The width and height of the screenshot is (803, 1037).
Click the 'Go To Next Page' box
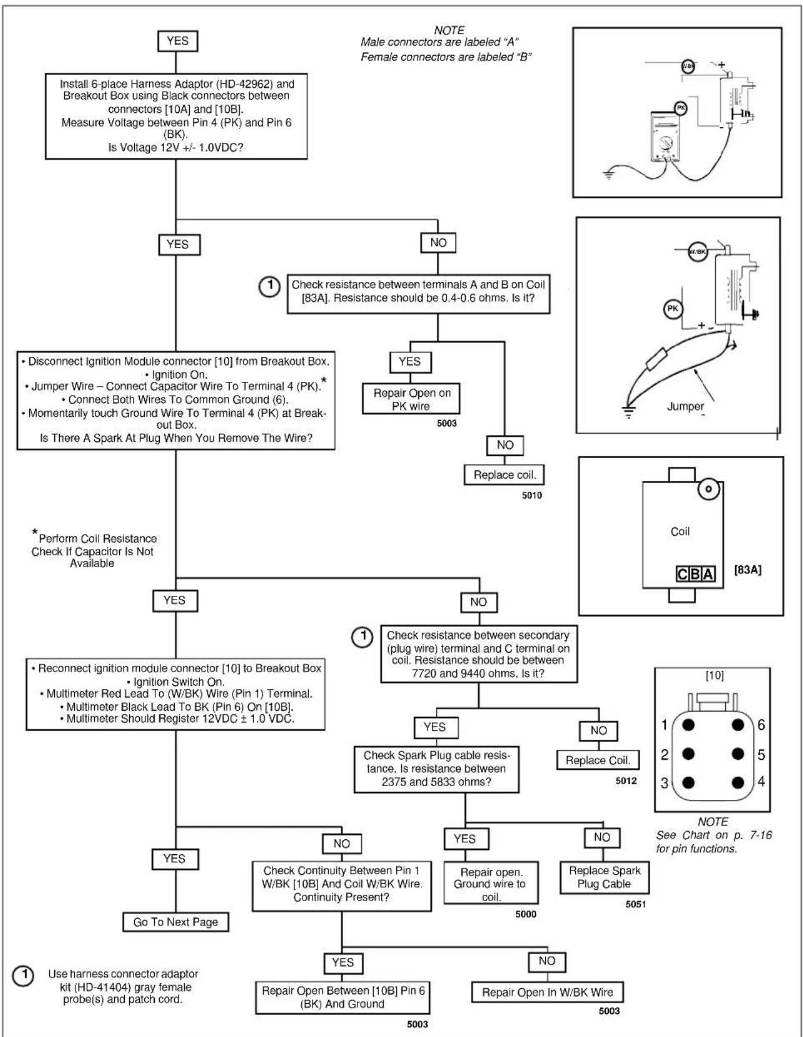[x=175, y=922]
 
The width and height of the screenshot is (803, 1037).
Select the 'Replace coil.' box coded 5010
[x=504, y=475]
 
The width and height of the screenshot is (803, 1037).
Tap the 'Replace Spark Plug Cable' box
[x=605, y=877]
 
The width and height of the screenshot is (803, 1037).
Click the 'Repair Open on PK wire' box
[x=411, y=399]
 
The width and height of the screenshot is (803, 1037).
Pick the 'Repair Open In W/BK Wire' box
[x=547, y=992]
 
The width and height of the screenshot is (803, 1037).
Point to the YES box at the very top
[x=177, y=41]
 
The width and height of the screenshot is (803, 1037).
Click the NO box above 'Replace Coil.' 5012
[x=598, y=731]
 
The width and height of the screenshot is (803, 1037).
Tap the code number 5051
[x=636, y=904]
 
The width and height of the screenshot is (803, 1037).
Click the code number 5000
[x=526, y=914]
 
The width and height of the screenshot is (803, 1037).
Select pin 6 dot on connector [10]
[x=737, y=725]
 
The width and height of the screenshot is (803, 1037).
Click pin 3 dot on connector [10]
[x=688, y=782]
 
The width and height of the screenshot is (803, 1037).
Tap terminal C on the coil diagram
[x=683, y=573]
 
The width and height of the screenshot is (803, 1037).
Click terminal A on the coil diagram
[x=708, y=573]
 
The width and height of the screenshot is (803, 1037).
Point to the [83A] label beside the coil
[x=747, y=569]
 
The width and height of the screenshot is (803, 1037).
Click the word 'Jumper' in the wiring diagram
[x=685, y=406]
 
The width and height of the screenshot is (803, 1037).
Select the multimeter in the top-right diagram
[x=664, y=137]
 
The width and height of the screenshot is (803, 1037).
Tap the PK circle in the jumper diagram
[x=673, y=309]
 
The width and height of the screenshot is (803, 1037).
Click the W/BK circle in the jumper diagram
[x=697, y=251]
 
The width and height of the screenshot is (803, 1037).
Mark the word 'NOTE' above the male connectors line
[x=449, y=30]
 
